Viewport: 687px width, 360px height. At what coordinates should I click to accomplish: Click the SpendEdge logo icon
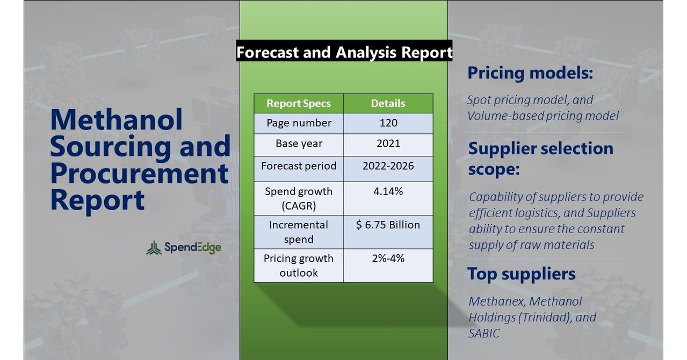tap(154, 248)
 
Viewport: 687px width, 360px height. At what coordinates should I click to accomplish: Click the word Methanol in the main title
tap(117, 119)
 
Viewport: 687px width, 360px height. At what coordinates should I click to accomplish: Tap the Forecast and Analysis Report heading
tap(344, 52)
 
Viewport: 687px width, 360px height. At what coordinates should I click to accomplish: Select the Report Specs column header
tap(299, 103)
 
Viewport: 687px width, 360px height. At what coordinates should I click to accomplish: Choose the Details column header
tap(388, 103)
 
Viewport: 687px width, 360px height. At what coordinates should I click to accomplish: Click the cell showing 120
tap(388, 123)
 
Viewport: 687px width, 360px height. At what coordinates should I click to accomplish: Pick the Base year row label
tap(299, 143)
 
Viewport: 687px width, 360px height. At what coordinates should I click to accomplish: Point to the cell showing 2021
tap(388, 143)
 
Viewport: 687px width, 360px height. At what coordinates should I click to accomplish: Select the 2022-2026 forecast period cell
tap(388, 165)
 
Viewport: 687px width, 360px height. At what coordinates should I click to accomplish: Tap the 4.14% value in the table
tap(388, 191)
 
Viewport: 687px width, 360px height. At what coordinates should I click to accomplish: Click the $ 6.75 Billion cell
tap(388, 225)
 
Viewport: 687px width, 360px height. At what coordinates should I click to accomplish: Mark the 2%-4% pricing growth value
tap(388, 258)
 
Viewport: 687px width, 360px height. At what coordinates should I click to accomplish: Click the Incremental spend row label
tap(299, 232)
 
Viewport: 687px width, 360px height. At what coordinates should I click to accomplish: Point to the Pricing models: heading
tap(530, 73)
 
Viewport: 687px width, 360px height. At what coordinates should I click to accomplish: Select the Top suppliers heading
tap(521, 273)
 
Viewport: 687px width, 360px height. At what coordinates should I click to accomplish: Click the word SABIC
tap(484, 334)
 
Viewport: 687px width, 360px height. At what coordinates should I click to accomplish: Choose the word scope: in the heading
tap(494, 169)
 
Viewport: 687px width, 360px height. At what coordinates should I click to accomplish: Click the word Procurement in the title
tap(140, 173)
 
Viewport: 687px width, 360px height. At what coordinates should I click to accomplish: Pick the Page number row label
tap(299, 123)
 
